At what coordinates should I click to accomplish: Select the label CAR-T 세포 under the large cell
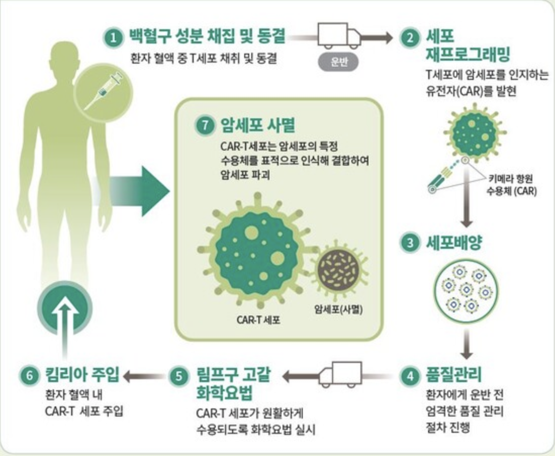click(258, 320)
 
